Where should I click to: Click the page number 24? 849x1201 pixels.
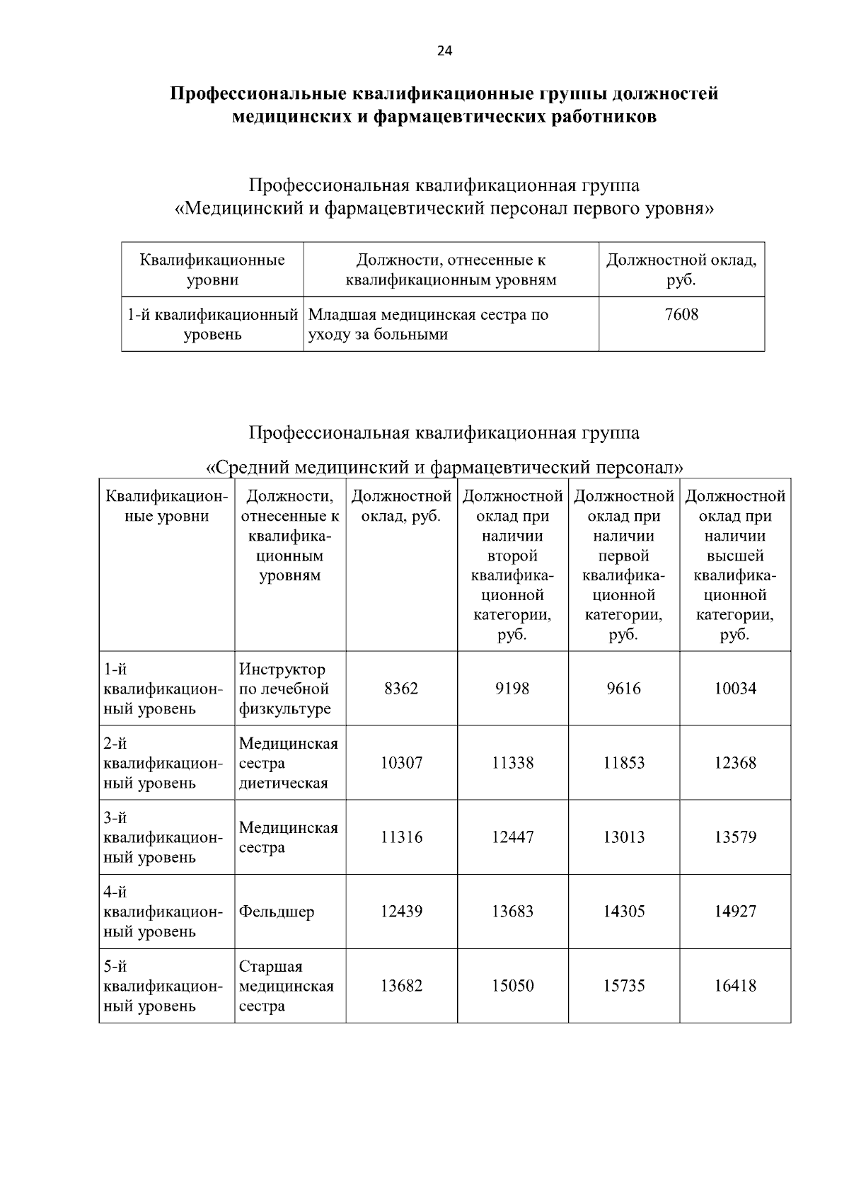click(444, 50)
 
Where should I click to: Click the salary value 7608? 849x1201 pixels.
click(681, 314)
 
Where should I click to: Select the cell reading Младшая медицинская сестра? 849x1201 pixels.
click(429, 324)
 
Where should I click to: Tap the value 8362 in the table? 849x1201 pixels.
click(401, 689)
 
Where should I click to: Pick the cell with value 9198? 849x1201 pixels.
click(512, 689)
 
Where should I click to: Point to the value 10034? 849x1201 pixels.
click(735, 689)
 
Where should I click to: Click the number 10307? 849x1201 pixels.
click(401, 763)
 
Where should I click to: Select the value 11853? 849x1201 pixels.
click(623, 763)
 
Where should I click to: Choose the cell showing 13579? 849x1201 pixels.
click(735, 837)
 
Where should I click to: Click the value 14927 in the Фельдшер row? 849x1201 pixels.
click(735, 912)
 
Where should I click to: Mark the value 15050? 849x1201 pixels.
click(512, 986)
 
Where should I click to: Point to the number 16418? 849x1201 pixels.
click(735, 986)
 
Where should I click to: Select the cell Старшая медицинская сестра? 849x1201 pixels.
click(287, 986)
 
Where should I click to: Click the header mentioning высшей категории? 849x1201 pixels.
click(735, 565)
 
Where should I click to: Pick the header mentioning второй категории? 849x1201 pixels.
click(512, 565)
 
